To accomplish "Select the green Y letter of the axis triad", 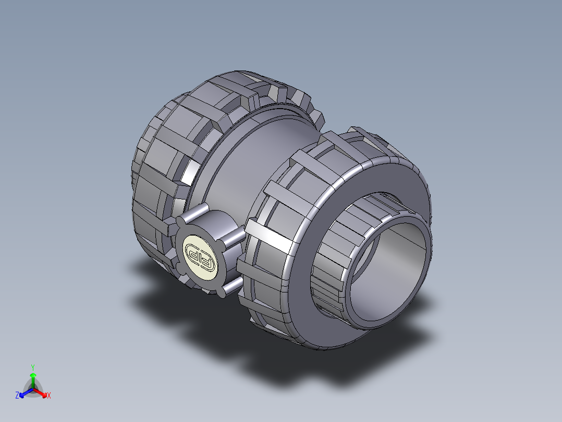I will click(33, 367).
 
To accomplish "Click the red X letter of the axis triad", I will click(48, 396).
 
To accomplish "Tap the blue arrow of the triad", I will click(24, 393).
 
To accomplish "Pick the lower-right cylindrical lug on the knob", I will click(229, 285).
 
